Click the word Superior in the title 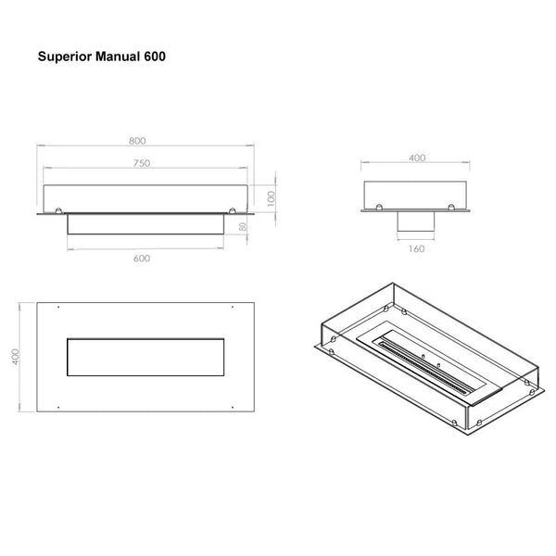click(x=65, y=57)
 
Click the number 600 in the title click(x=155, y=57)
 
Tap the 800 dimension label click(x=137, y=141)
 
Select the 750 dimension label click(x=142, y=163)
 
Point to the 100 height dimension click(x=272, y=199)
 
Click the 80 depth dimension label click(x=243, y=227)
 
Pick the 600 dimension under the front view click(x=142, y=259)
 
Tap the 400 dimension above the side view click(x=417, y=158)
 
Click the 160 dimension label click(x=416, y=249)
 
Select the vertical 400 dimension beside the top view click(x=15, y=357)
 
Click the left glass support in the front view click(x=58, y=210)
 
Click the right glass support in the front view click(x=233, y=210)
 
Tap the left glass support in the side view click(x=379, y=207)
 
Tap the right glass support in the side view click(x=451, y=207)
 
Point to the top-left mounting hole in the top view click(x=58, y=307)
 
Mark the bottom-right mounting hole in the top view click(x=233, y=408)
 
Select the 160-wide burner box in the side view click(x=416, y=221)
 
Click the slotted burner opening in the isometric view click(x=424, y=368)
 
